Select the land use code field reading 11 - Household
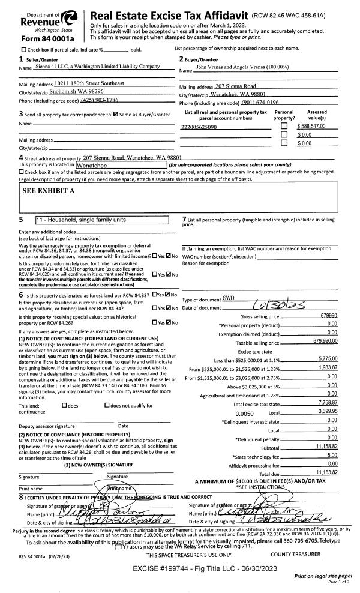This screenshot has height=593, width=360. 102,220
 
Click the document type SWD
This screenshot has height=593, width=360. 229,298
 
